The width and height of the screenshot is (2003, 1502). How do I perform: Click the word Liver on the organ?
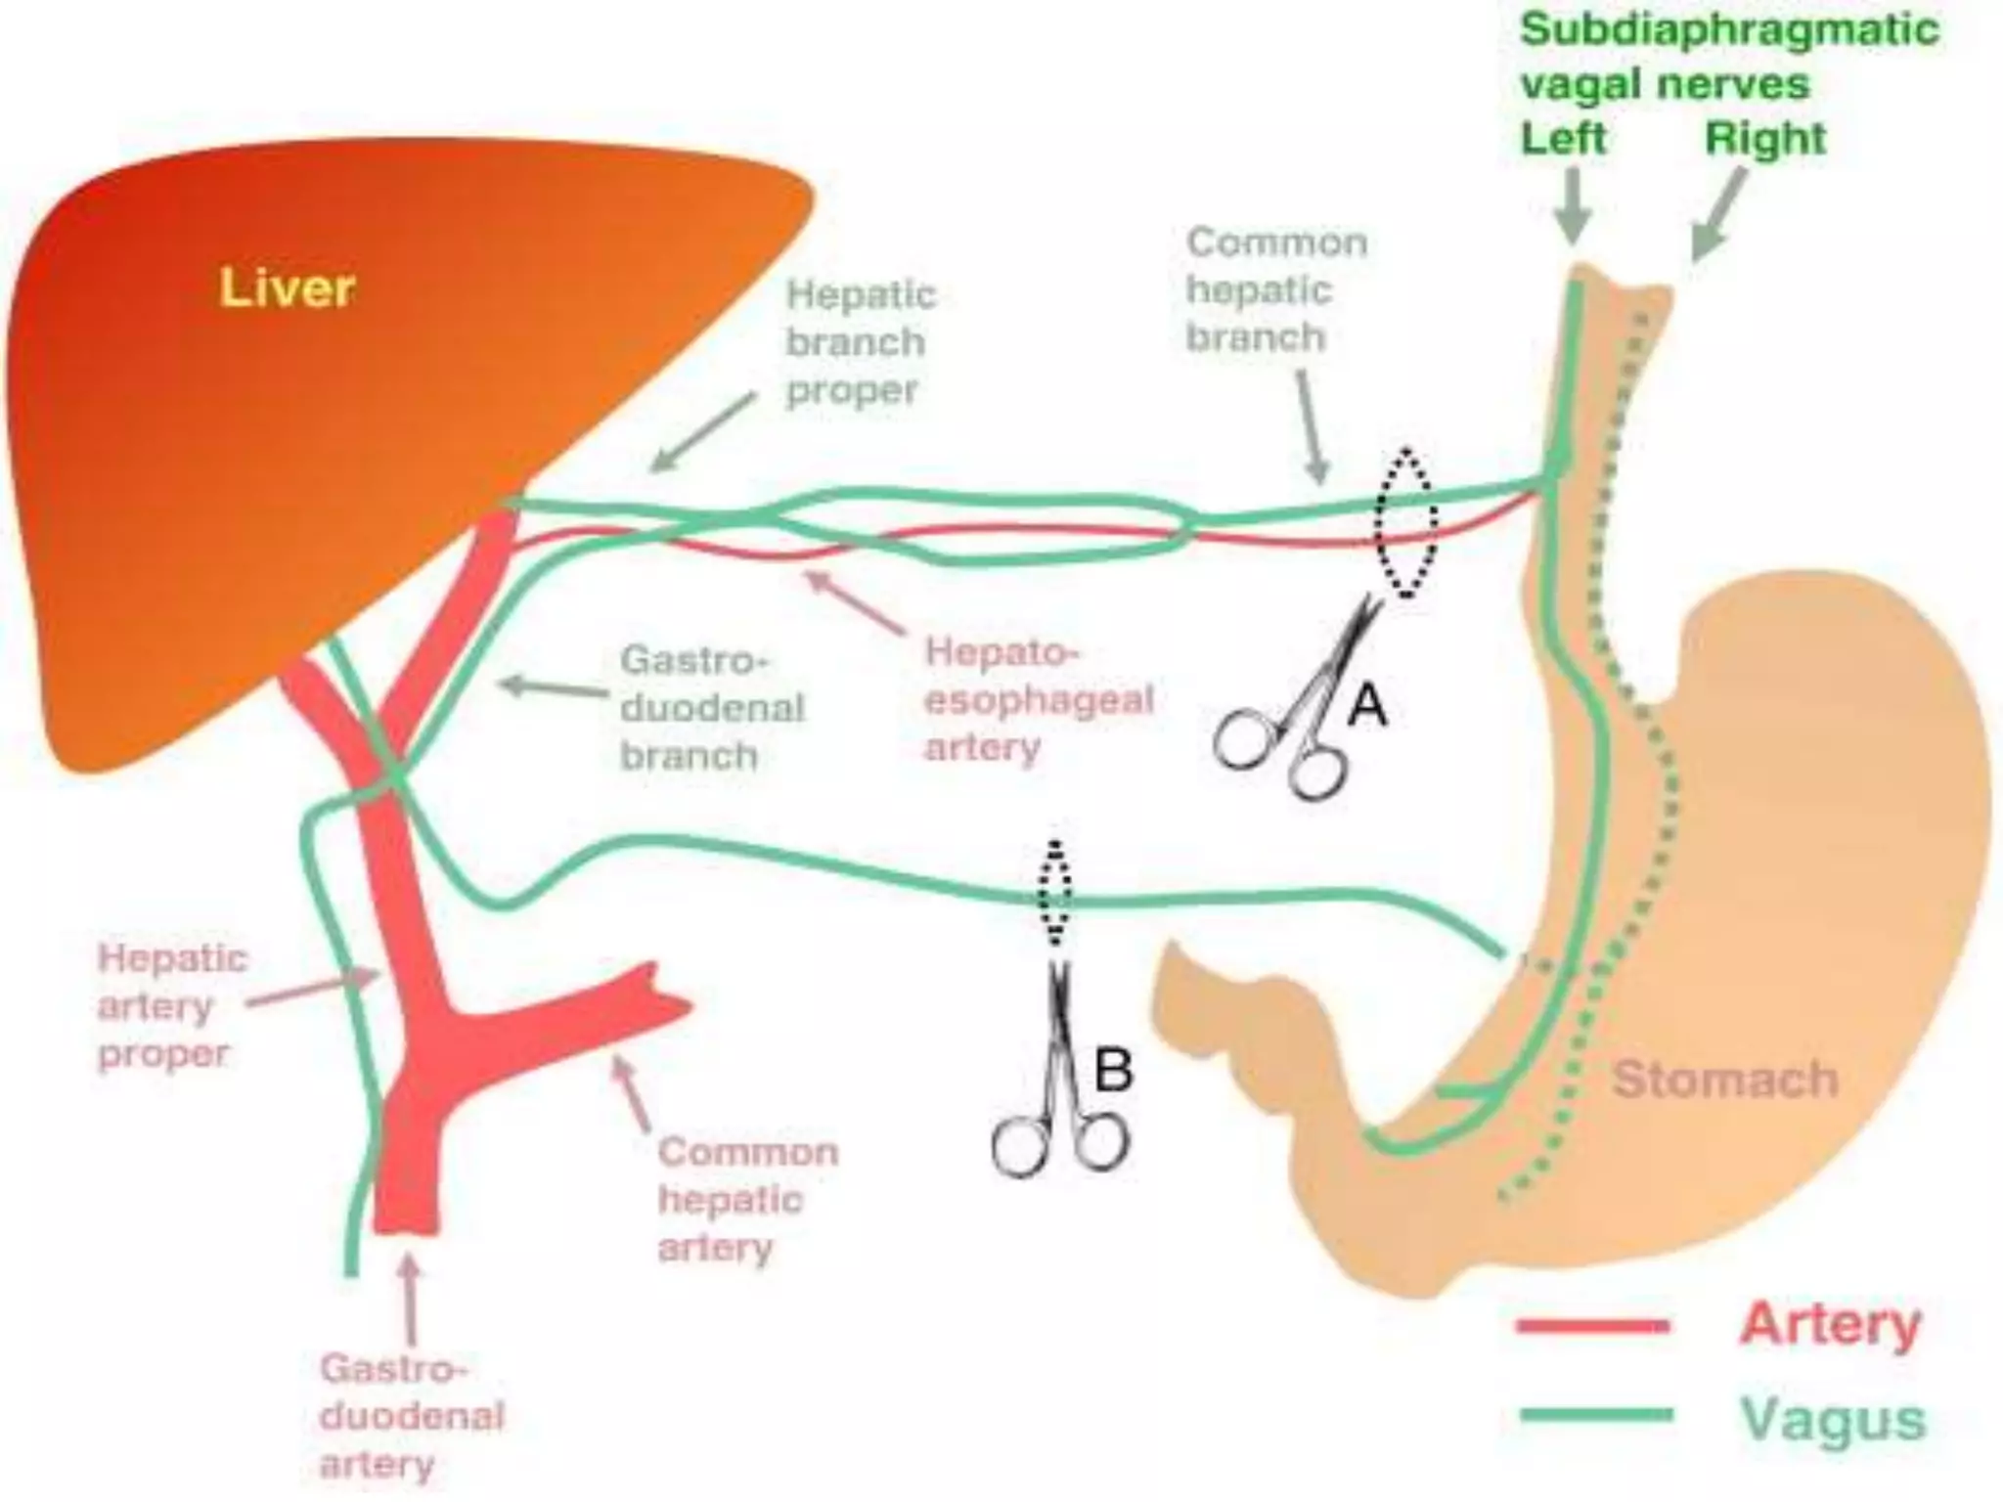coord(287,288)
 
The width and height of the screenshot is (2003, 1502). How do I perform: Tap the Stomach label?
coord(1724,1080)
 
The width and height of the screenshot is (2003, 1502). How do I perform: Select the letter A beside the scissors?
coord(1367,705)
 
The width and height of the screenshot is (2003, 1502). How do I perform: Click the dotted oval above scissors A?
coord(1406,522)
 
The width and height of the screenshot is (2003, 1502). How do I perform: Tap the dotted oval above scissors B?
coord(1054,892)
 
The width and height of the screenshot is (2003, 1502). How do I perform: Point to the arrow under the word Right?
coord(1718,217)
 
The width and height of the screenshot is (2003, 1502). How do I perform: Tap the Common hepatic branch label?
coord(1274,289)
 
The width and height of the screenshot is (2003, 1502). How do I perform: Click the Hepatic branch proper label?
coord(859,342)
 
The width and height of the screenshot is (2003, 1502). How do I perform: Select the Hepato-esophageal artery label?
coord(1039,699)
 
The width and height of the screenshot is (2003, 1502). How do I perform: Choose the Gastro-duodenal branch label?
coord(711,708)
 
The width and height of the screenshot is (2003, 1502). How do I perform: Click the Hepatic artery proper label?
coord(172,1006)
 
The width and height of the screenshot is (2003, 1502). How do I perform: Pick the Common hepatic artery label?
coord(746,1200)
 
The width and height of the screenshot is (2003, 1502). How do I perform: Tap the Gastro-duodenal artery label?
coord(411,1416)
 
